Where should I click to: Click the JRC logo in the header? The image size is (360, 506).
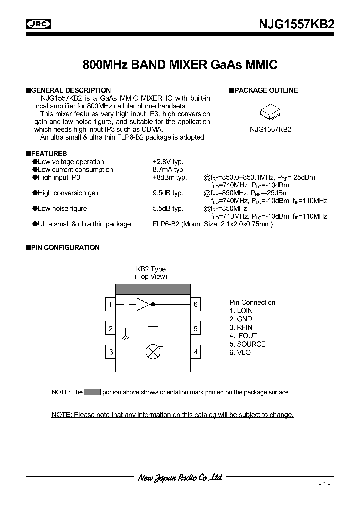39,24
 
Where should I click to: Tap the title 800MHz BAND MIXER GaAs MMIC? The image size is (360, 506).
180,65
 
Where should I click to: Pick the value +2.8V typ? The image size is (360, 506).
168,162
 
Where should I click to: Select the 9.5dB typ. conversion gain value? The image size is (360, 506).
168,193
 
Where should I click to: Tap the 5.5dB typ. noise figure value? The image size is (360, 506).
168,208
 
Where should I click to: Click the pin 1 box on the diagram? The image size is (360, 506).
110,304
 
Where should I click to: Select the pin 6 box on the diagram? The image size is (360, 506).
196,304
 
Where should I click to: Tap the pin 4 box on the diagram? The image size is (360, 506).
196,352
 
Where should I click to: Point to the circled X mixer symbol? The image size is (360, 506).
152,352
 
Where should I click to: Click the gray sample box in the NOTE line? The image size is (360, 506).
92,392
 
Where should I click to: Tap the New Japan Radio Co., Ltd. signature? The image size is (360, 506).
180,477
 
